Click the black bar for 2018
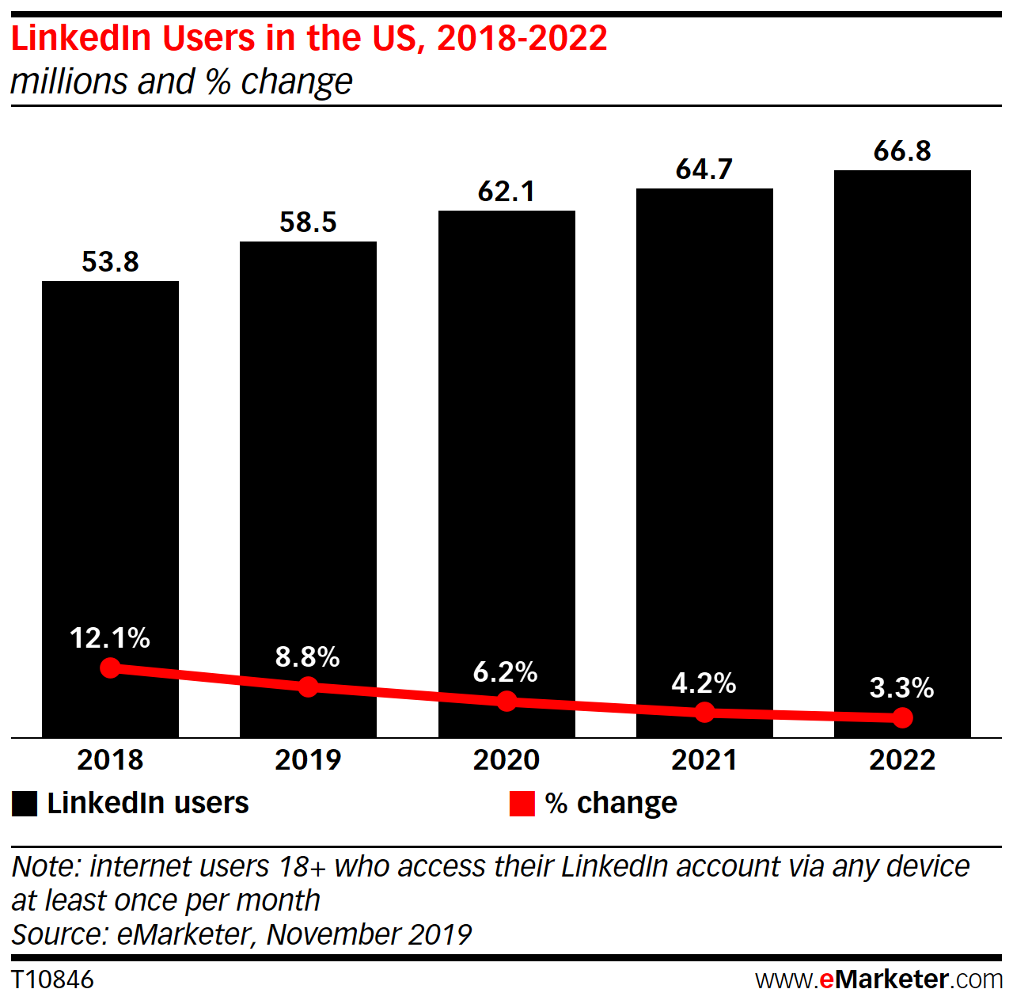click(110, 475)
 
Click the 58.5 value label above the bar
click(308, 223)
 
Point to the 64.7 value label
click(704, 169)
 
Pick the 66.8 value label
click(902, 151)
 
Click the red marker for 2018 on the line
click(110, 668)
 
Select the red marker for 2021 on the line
click(704, 713)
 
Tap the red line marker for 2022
click(902, 717)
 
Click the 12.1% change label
click(110, 638)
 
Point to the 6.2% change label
click(506, 672)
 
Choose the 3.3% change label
click(901, 688)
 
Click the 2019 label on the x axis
click(308, 760)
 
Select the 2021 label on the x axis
click(704, 760)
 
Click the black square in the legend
click(25, 804)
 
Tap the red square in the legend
click(522, 804)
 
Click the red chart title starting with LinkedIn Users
click(309, 38)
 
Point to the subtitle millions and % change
click(181, 82)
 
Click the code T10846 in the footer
click(52, 979)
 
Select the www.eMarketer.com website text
click(878, 979)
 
